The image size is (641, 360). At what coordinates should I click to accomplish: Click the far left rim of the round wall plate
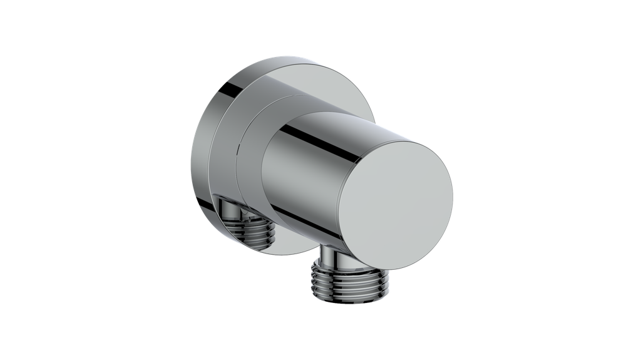(190, 163)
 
